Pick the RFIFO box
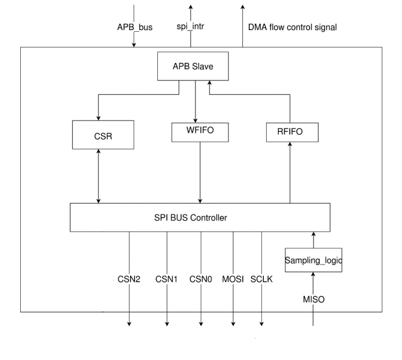[292, 133]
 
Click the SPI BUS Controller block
[200, 218]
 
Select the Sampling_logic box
[314, 260]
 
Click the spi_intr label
[190, 27]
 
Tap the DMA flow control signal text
[292, 27]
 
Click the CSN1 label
[167, 279]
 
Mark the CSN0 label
[201, 279]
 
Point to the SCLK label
[262, 279]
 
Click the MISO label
[314, 300]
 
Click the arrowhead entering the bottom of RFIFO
[290, 146]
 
